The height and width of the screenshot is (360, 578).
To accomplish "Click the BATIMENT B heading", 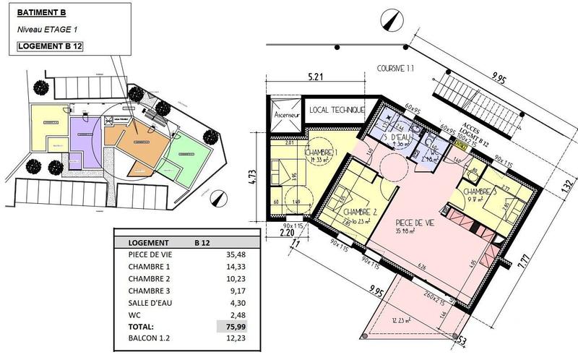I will (43, 12).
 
